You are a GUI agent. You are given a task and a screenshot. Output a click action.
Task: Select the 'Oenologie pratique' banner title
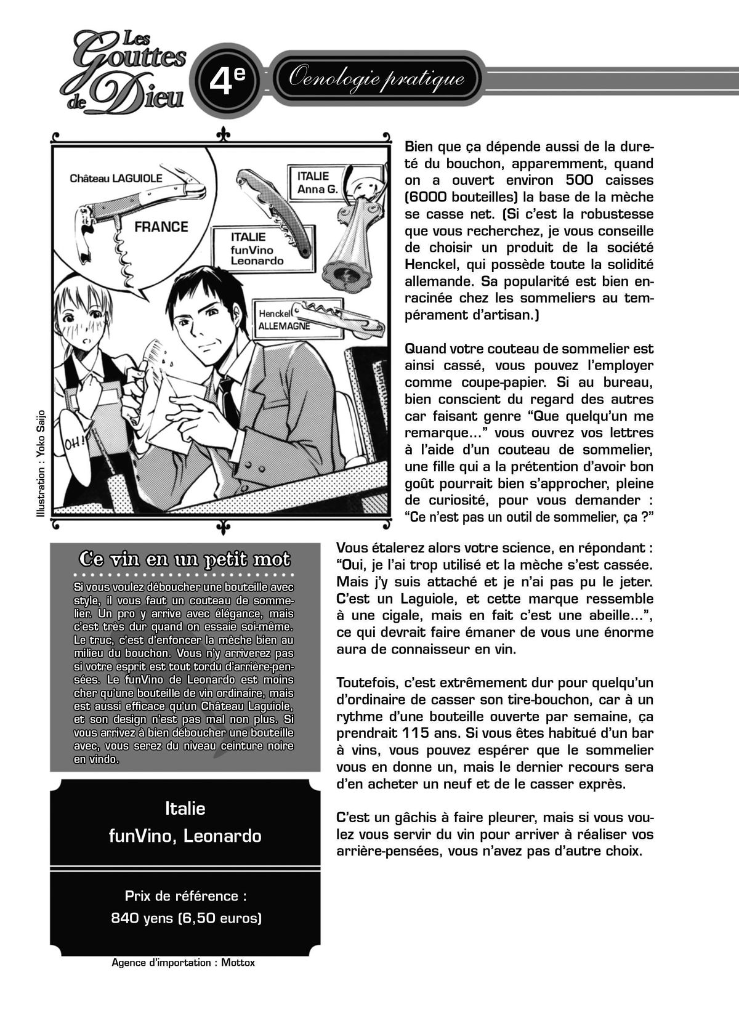(x=376, y=79)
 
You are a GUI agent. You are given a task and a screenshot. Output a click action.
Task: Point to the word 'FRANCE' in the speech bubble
(x=161, y=227)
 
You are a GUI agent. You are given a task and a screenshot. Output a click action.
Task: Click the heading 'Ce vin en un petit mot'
(x=185, y=559)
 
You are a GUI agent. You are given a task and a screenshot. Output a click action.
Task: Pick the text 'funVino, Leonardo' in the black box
(x=185, y=836)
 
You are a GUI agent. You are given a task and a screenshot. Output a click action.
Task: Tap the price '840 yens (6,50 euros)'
(x=186, y=918)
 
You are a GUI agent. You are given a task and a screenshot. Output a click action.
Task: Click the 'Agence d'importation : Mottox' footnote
(x=183, y=963)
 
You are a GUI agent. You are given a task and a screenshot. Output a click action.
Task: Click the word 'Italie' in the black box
(x=185, y=808)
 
